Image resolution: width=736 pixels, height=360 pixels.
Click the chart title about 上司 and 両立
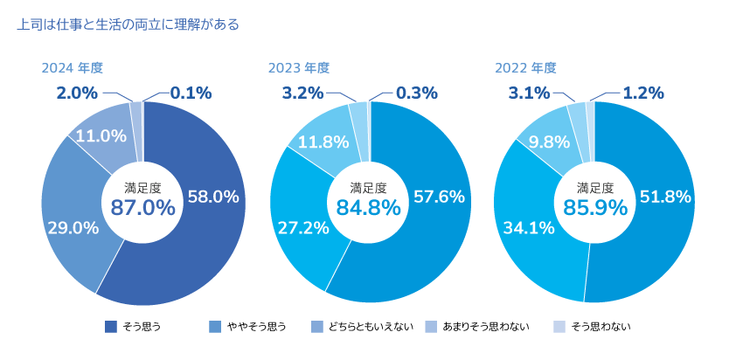tap(128, 25)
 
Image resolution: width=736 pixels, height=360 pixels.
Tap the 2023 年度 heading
tap(299, 67)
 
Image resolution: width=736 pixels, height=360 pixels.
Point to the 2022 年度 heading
tap(525, 67)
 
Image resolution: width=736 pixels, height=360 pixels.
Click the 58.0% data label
tap(213, 197)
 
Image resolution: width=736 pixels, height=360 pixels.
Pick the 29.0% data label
tap(73, 228)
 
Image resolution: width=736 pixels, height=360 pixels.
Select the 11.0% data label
tap(101, 135)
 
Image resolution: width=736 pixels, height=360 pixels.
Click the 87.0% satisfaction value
tap(142, 207)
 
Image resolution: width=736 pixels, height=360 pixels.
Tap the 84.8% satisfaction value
tap(369, 207)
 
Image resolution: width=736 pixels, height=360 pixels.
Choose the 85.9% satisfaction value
tap(595, 207)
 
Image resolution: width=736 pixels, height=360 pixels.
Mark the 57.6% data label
tap(438, 197)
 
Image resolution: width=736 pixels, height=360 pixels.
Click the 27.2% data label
tap(303, 228)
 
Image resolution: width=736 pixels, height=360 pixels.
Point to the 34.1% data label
tap(529, 228)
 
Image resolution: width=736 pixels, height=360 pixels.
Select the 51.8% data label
tap(665, 197)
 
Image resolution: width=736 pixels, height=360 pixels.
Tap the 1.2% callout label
tap(642, 93)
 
